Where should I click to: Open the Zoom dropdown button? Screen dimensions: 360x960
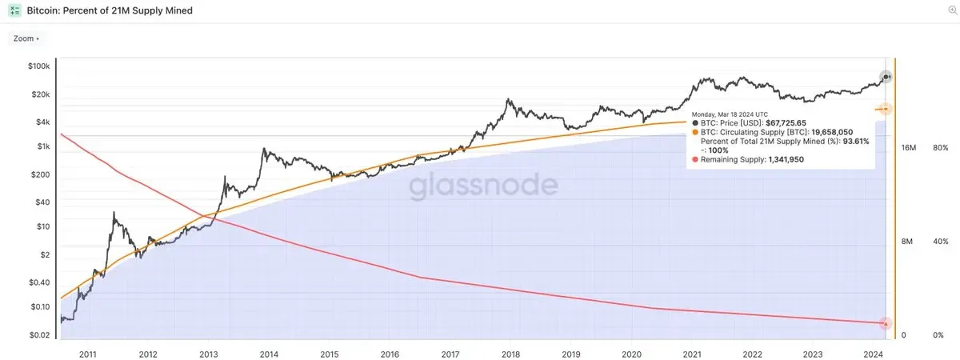[26, 38]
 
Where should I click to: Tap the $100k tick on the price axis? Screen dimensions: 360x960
[39, 66]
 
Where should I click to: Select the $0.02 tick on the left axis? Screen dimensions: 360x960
[41, 335]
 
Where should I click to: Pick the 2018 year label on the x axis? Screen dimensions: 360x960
[510, 353]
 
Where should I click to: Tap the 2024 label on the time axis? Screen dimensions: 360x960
[873, 353]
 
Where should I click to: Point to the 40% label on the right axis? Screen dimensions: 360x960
[940, 242]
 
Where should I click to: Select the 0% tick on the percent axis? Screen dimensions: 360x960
[938, 335]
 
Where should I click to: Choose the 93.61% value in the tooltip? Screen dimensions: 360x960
[856, 141]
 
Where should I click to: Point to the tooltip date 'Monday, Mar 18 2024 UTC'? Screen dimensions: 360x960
[730, 114]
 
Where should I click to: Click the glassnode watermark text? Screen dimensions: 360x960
[484, 186]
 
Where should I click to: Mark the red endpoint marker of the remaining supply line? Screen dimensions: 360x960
[886, 323]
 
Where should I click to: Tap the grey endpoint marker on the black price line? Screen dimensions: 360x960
[886, 77]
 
